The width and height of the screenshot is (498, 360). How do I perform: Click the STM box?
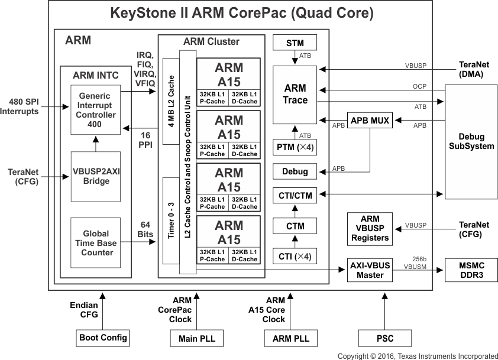295,43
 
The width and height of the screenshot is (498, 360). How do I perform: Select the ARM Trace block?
295,95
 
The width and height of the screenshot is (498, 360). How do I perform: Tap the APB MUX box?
370,121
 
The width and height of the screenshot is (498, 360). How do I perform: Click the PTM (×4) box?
295,146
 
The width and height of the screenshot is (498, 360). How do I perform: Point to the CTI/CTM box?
295,194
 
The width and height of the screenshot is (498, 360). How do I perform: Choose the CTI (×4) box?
295,257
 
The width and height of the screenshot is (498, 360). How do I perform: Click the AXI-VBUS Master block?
370,270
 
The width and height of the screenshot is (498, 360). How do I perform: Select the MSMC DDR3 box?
467,270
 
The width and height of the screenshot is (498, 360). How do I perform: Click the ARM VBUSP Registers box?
370,229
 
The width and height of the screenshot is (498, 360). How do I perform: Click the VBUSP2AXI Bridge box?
95,176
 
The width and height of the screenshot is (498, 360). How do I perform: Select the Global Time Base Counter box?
95,243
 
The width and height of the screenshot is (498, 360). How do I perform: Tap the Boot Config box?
103,338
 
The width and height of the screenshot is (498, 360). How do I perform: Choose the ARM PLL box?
290,338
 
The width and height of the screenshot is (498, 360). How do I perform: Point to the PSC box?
384,338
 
